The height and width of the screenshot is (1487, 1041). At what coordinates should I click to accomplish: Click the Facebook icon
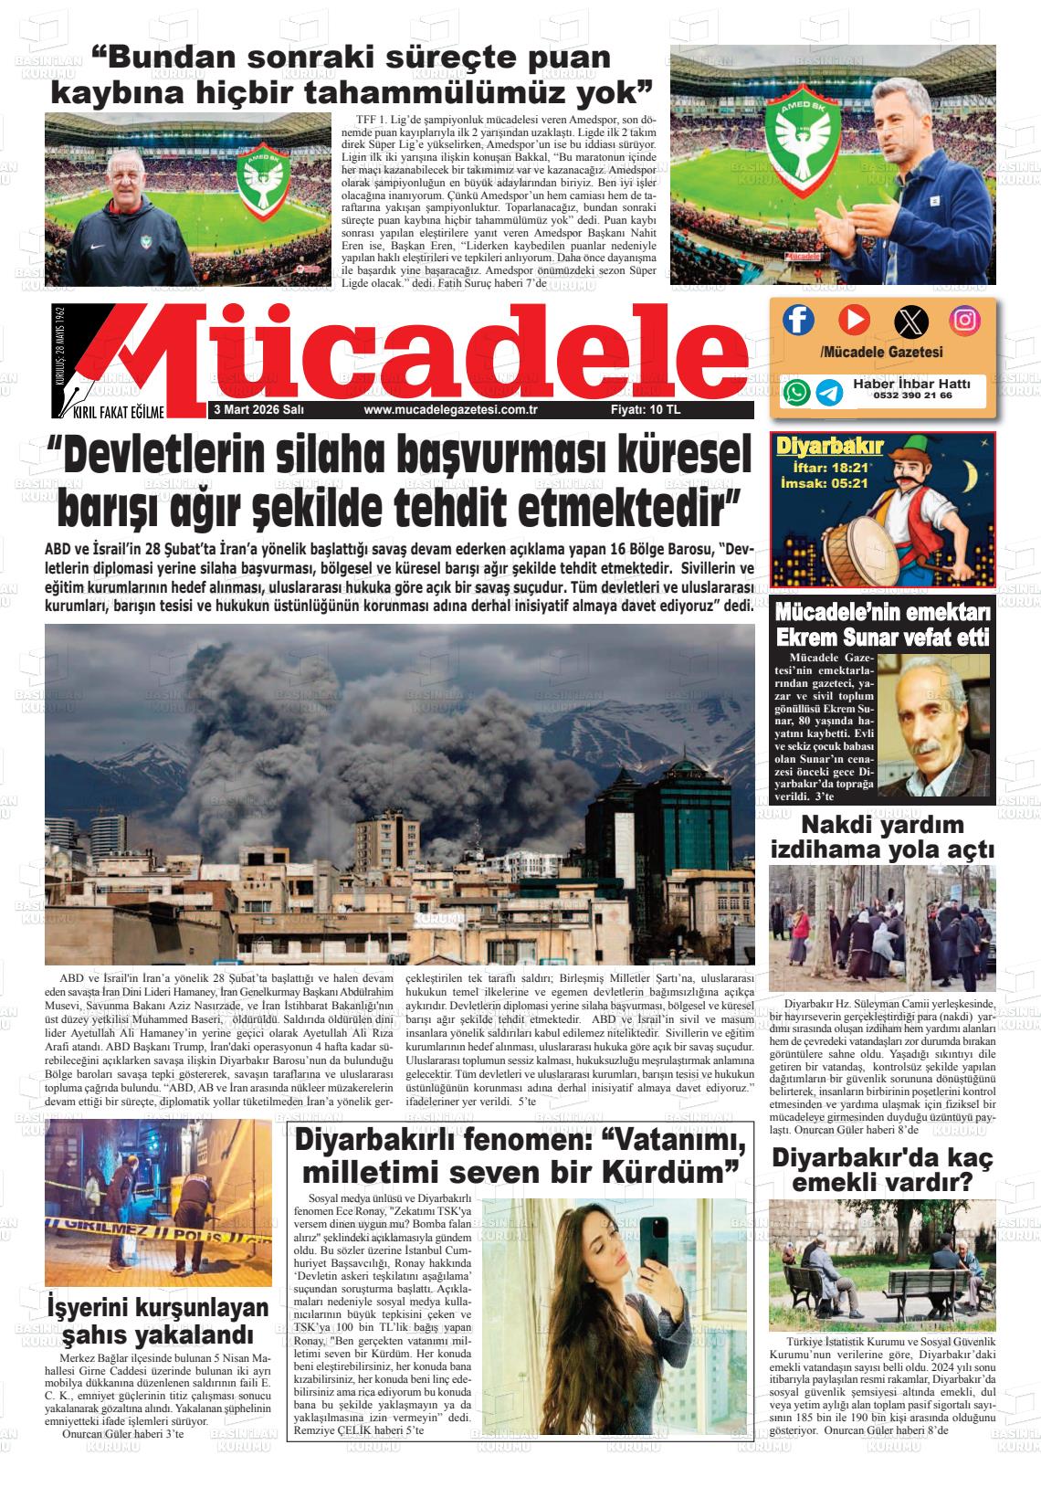798,319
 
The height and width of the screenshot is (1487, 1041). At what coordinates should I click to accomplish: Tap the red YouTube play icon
854,319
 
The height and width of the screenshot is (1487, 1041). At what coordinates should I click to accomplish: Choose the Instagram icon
964,319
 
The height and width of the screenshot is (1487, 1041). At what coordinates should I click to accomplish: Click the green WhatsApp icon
796,392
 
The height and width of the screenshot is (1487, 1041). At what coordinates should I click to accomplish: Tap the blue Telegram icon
829,392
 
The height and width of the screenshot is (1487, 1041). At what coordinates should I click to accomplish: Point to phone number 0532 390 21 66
912,396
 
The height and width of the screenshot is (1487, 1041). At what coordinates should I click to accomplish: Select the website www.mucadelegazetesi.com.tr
449,410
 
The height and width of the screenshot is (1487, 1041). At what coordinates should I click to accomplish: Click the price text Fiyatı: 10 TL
646,410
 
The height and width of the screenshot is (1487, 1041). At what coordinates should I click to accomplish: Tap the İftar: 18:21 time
825,467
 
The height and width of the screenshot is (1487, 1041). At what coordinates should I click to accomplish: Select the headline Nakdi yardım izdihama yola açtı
882,838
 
